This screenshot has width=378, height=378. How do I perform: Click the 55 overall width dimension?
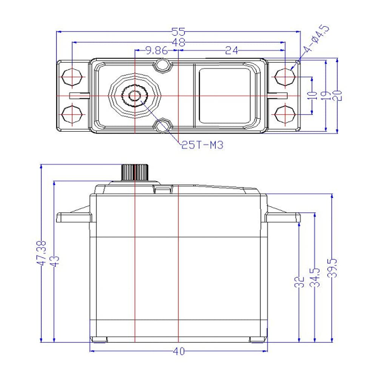coord(178,32)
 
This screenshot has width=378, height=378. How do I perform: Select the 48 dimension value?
coord(179,42)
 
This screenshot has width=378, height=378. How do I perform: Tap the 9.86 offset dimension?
coord(157,50)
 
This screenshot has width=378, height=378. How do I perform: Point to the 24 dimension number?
coord(231,50)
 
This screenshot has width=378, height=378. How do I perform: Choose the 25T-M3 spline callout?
coord(202,145)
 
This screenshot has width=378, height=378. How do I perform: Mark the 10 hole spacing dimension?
coord(312,96)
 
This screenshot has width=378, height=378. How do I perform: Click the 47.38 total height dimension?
coord(41,253)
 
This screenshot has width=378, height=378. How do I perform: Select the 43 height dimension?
coord(55,261)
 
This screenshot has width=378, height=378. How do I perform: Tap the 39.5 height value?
coord(332,268)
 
